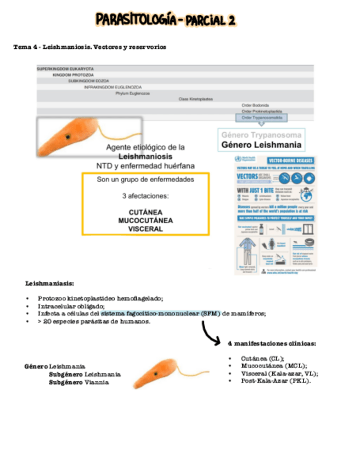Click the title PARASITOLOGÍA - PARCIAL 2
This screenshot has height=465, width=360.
(x=165, y=21)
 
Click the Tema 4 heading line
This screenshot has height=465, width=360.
(x=89, y=47)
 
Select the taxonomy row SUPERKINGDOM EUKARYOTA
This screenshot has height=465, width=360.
(x=65, y=69)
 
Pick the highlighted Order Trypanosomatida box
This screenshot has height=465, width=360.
(x=260, y=117)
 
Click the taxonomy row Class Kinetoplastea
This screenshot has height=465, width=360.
(x=196, y=99)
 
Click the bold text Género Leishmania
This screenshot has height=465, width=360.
(x=261, y=145)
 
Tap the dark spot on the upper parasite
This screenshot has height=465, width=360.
(x=67, y=136)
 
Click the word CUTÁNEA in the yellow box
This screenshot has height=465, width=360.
(x=145, y=212)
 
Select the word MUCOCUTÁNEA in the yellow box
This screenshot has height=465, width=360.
(x=145, y=220)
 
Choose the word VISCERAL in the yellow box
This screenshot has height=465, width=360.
(x=145, y=229)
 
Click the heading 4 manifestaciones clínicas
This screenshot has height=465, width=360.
(x=271, y=343)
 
